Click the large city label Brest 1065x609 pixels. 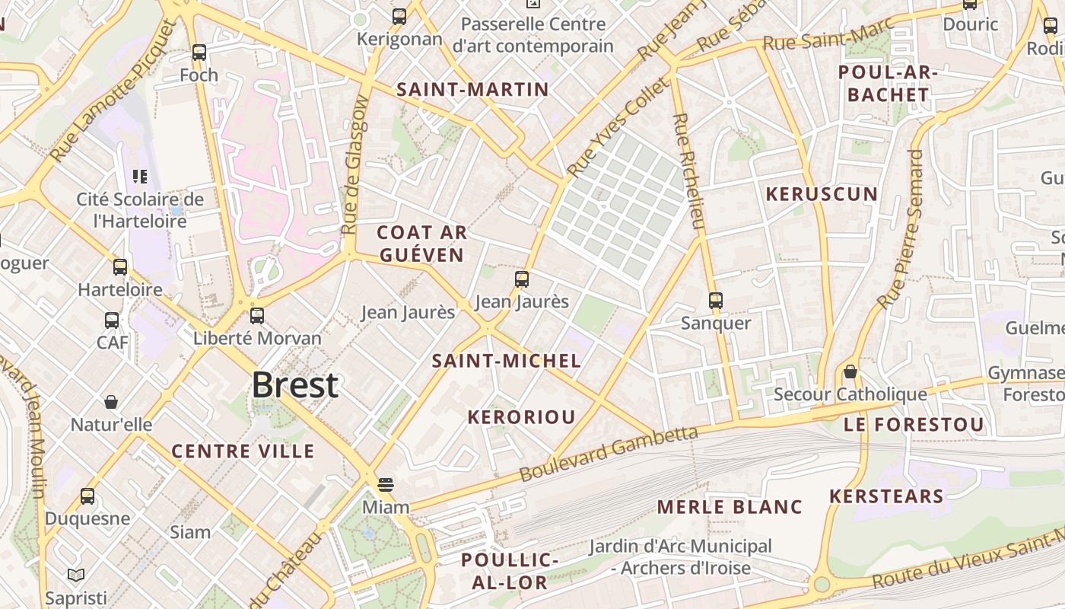click(x=294, y=385)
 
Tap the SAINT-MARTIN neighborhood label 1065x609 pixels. click(x=472, y=90)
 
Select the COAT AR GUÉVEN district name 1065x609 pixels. click(x=421, y=244)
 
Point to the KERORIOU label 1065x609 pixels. click(x=521, y=417)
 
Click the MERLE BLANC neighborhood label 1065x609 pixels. click(x=730, y=507)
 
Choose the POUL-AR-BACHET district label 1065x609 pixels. click(x=888, y=84)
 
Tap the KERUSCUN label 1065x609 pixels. click(x=822, y=194)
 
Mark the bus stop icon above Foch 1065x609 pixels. click(x=199, y=53)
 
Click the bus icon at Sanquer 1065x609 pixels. click(x=716, y=301)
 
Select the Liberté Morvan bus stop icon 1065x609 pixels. click(x=257, y=315)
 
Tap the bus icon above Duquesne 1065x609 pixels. click(x=87, y=496)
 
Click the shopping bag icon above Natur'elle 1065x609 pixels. click(x=111, y=402)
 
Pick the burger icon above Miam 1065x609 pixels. click(x=386, y=485)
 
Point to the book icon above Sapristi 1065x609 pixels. click(x=75, y=575)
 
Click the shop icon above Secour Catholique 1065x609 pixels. click(x=850, y=372)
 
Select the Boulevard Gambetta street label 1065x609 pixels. click(x=609, y=454)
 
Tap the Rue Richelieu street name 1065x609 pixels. click(x=687, y=171)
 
